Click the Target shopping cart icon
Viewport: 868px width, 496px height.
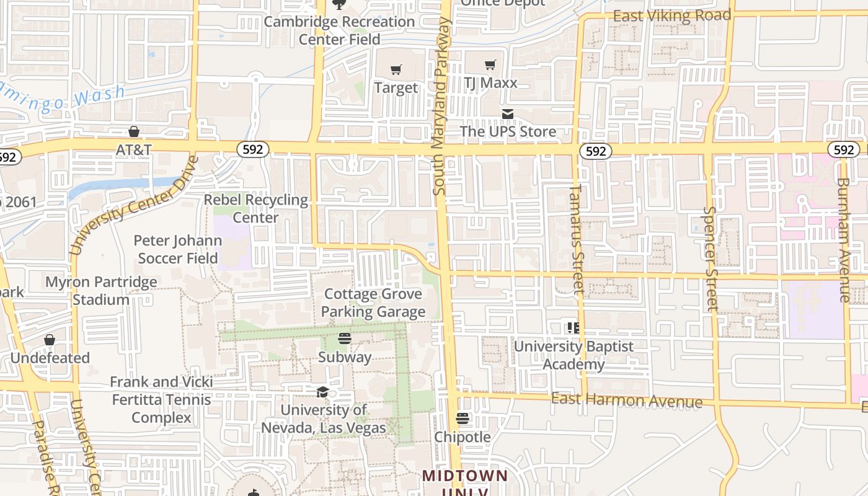pos(396,69)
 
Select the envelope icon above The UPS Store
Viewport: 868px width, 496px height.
pos(508,114)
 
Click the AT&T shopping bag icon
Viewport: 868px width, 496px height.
pos(133,131)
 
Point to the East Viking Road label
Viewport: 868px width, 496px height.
pos(672,15)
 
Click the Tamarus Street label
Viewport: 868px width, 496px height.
pos(577,239)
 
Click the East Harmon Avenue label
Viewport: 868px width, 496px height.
pos(626,400)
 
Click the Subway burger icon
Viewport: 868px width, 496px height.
pos(345,339)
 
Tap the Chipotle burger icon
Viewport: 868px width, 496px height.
pos(463,418)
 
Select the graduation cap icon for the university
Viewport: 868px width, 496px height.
pos(322,392)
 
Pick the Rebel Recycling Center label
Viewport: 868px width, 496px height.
pos(256,208)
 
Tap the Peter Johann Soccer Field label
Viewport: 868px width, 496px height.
pos(177,249)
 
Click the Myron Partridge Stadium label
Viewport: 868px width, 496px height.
pos(101,291)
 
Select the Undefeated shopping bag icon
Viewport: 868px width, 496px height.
pos(50,340)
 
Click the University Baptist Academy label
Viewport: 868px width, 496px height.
pos(573,355)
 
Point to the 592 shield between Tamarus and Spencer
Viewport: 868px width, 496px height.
pos(595,151)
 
